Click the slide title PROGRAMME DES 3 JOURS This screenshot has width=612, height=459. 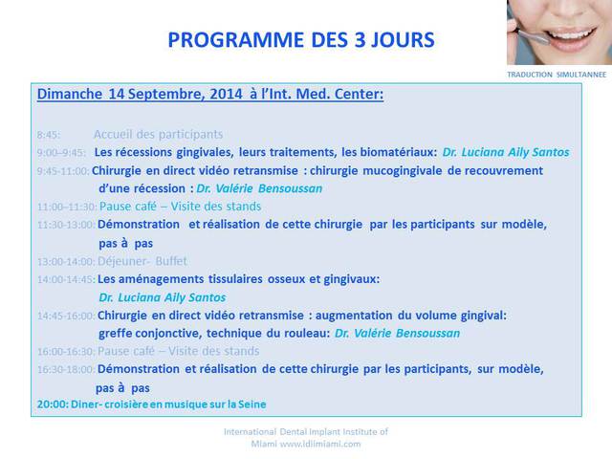[301, 40]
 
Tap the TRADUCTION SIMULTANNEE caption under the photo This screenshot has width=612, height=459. [557, 75]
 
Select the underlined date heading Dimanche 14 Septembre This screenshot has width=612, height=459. [210, 94]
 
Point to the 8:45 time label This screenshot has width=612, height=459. [49, 135]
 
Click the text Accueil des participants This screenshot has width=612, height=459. [158, 135]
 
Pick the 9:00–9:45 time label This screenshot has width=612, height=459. [61, 153]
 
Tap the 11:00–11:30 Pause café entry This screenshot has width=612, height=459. [149, 207]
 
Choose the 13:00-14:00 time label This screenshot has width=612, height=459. [66, 261]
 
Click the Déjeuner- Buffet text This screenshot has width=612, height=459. [142, 261]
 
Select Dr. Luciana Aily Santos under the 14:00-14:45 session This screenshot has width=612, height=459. [163, 297]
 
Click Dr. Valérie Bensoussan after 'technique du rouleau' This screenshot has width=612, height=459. [398, 334]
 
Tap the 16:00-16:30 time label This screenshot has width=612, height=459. [66, 352]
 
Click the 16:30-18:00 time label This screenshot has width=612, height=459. [66, 370]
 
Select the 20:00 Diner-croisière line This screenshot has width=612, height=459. [151, 404]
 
